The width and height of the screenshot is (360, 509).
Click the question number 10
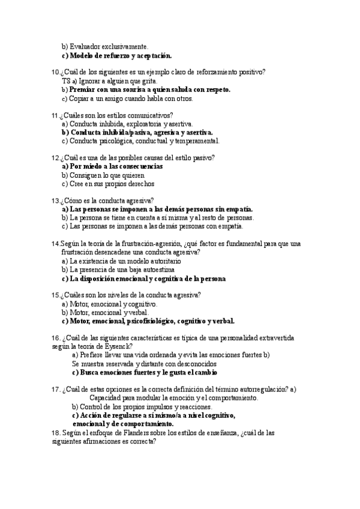56,72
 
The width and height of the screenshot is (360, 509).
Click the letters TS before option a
66,81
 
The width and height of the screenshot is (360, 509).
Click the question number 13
56,200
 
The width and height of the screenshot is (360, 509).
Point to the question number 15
56,295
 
